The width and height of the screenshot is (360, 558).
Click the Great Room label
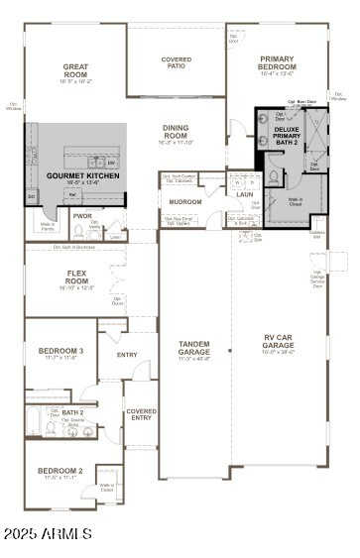(x=75, y=71)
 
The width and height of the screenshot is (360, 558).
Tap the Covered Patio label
(x=177, y=62)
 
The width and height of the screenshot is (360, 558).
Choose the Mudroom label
(x=184, y=202)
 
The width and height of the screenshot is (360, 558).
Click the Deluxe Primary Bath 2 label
(x=287, y=135)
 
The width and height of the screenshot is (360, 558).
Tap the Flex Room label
(x=77, y=278)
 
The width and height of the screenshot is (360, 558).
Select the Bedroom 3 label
(x=60, y=352)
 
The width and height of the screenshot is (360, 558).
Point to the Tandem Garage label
(x=193, y=348)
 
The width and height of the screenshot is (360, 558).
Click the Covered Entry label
(x=141, y=414)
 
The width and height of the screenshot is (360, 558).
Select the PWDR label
(x=82, y=215)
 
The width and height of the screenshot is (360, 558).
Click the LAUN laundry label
(x=244, y=194)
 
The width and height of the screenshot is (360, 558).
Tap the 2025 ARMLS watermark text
(x=47, y=534)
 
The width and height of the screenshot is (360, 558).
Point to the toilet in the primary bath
(x=274, y=176)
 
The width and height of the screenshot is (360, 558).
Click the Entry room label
(x=127, y=354)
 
